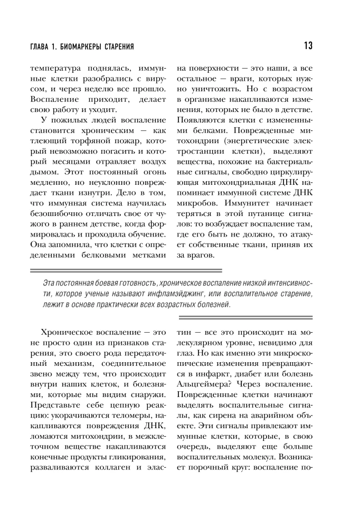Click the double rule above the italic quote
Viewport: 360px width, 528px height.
(179, 271)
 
